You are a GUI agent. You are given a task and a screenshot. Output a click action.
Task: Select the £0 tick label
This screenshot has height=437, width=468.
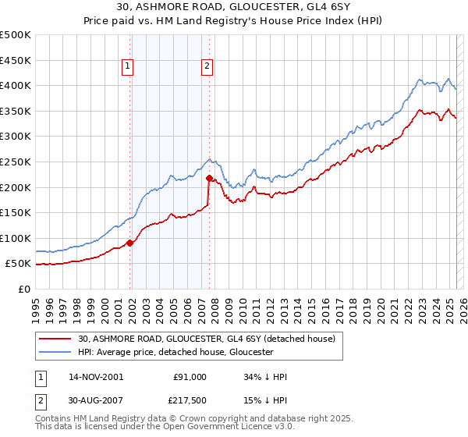tap(24, 289)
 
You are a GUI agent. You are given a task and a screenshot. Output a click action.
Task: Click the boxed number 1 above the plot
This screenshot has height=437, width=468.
tap(127, 67)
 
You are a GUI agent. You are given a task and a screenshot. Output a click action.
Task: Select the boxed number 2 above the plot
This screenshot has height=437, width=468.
tap(207, 67)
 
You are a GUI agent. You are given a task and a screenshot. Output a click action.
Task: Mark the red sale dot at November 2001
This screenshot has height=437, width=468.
tap(130, 243)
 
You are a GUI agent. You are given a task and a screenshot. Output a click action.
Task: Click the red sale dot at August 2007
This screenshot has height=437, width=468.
tap(209, 178)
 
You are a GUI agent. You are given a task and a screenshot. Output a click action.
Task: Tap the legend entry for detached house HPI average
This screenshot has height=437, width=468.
tap(175, 352)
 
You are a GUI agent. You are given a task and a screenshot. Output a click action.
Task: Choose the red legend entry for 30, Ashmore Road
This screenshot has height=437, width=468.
tap(206, 339)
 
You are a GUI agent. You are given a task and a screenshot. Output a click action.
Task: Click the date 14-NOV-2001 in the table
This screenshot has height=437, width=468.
tap(96, 377)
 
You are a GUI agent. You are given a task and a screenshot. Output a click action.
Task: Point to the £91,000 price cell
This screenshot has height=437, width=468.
tap(190, 377)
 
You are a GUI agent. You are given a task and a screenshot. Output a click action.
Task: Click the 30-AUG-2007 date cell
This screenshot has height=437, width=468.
tap(97, 401)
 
